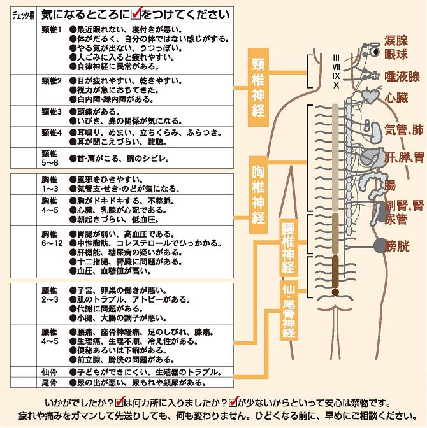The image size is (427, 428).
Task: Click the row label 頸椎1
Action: coord(52,29)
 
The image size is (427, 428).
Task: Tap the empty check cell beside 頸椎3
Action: coord(24,116)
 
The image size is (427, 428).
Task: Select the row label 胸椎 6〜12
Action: coord(52,239)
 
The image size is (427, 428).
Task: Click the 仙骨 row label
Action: coord(49,372)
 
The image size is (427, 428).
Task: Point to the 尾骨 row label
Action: coord(49,382)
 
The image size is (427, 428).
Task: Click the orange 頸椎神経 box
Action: coord(258,87)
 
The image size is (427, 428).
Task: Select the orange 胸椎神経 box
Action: coord(258,195)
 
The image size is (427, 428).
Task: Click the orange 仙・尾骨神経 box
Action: coord(289,310)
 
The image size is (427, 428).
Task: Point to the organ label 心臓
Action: coord(396,97)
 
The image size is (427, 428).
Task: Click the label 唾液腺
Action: coord(402,76)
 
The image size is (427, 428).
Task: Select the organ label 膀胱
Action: coord(396,246)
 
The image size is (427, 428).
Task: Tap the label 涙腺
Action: coord(396,40)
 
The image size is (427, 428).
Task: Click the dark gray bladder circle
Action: coord(380,246)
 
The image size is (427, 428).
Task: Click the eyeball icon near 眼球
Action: coord(375,52)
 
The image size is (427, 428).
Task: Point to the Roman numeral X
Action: coord(336,85)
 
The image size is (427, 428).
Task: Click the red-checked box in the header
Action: coord(136,13)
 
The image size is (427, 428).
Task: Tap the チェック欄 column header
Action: coord(24,15)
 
